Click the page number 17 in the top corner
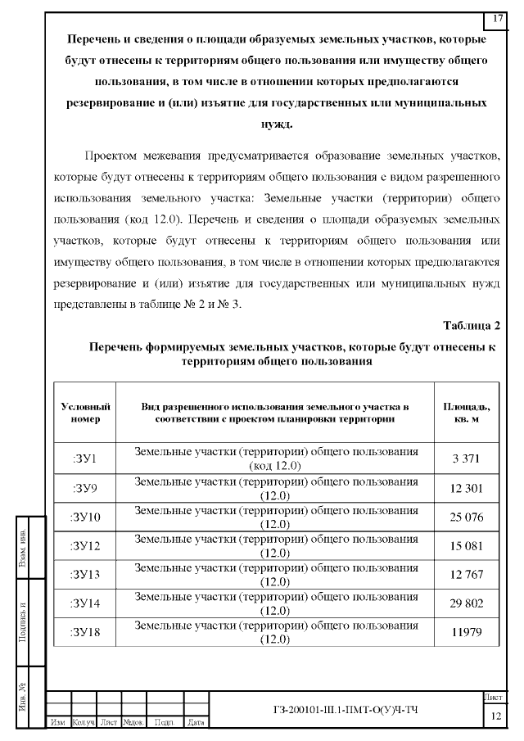(x=497, y=19)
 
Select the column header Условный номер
(x=85, y=413)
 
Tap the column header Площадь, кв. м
(x=468, y=413)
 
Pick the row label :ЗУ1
(x=85, y=459)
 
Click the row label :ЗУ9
(x=85, y=489)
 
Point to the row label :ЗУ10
(x=85, y=517)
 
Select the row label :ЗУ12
(x=85, y=546)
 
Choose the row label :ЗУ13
(x=85, y=574)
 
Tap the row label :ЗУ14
(x=85, y=603)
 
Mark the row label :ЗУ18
(x=85, y=632)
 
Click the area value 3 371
(x=468, y=459)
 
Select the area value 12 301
(x=468, y=489)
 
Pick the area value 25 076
(x=468, y=517)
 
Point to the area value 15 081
(x=468, y=546)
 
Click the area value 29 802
(x=468, y=603)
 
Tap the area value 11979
(x=468, y=632)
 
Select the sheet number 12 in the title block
(x=495, y=716)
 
